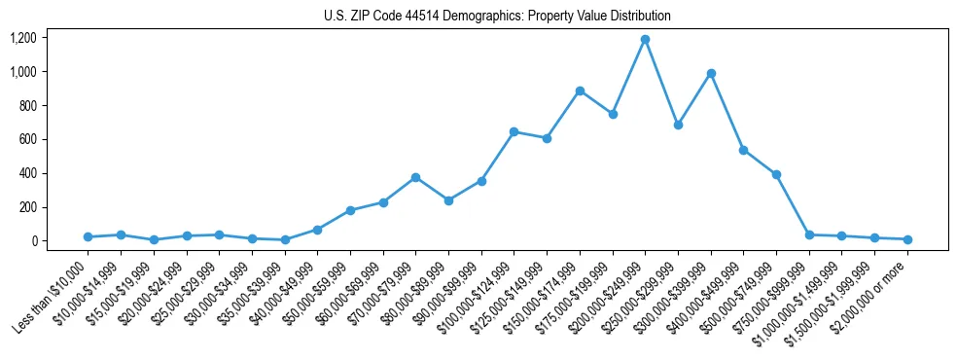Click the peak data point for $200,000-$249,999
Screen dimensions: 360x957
click(645, 40)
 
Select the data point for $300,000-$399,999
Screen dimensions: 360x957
click(711, 73)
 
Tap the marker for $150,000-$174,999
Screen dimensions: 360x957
click(580, 90)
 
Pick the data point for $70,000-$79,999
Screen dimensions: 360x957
click(415, 177)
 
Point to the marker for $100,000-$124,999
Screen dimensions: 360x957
click(514, 131)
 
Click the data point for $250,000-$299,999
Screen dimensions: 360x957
click(678, 125)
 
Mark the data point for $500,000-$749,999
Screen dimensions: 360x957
click(776, 174)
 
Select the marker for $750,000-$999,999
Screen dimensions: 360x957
click(809, 234)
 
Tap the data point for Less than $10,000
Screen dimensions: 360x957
click(88, 236)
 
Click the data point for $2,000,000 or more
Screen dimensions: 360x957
click(907, 239)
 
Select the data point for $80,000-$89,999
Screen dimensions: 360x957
click(448, 200)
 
